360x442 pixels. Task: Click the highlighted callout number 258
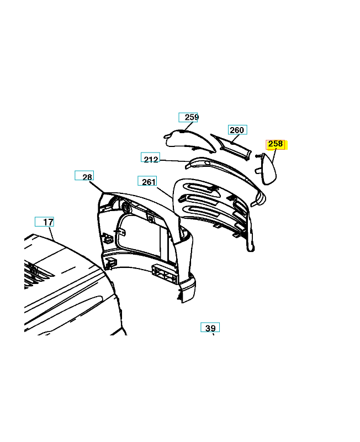coord(276,144)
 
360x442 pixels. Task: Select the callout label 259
coord(188,117)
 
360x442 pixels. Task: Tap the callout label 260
coord(237,130)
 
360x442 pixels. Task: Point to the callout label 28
coord(84,175)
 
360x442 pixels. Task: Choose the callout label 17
coord(44,222)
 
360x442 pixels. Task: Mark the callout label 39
coord(210,327)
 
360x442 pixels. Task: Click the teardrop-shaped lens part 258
coord(269,169)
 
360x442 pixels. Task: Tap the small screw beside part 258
coord(257,156)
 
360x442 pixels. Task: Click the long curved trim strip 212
coord(225,176)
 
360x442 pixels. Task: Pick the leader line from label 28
coord(97,187)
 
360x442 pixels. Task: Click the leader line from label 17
coord(51,234)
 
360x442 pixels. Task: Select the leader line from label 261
coord(165,193)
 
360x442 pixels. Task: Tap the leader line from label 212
coord(174,161)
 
